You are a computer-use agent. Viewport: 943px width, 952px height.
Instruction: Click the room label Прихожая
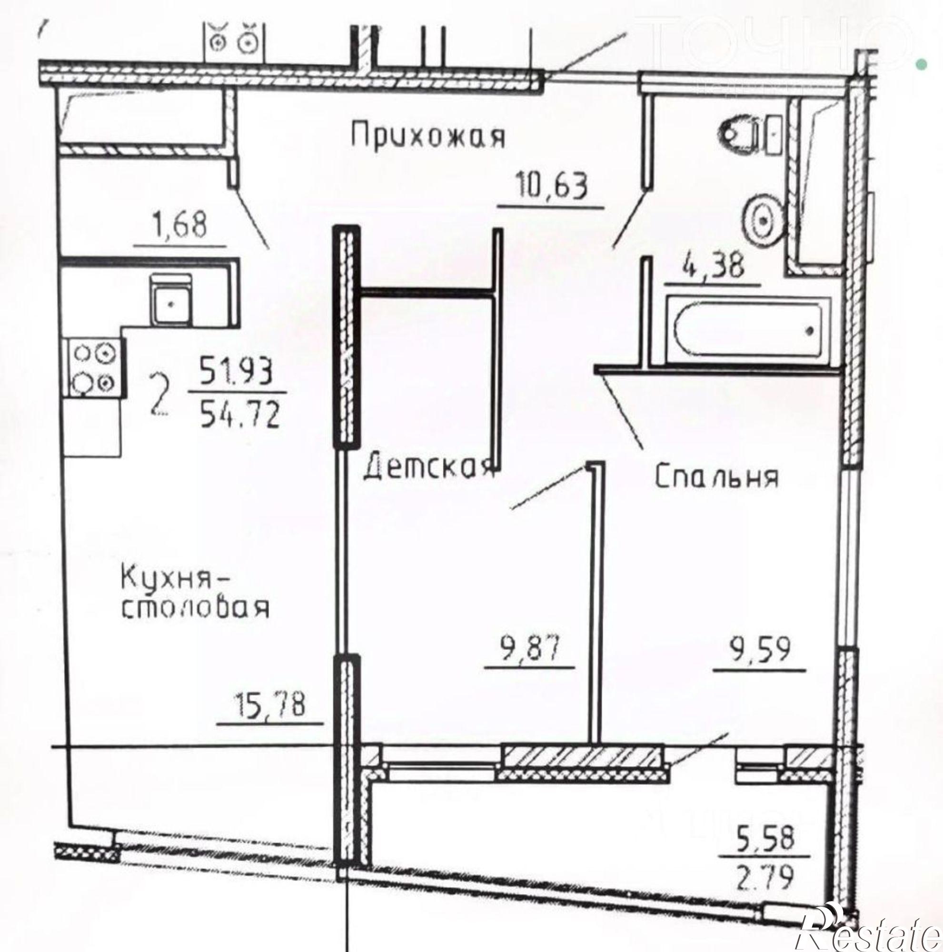[x=428, y=136]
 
